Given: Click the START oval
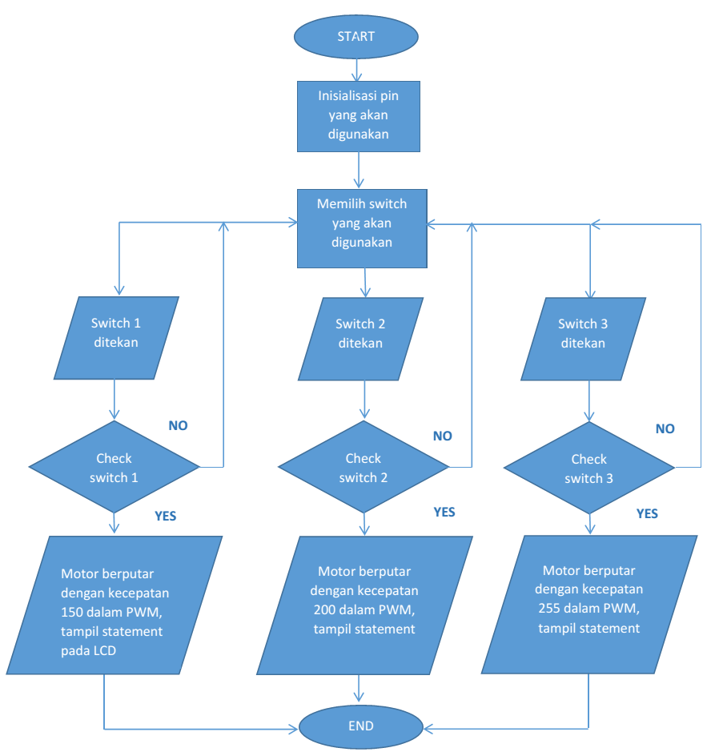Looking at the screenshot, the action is click(x=355, y=37).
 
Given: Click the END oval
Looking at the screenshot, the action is click(x=360, y=726).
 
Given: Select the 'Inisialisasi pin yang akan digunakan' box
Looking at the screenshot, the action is click(x=358, y=116).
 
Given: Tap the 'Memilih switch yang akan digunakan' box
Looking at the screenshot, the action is click(x=362, y=228).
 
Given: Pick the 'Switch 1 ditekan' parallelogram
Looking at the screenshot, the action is click(x=116, y=337).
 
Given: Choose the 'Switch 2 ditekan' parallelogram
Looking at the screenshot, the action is click(x=360, y=339).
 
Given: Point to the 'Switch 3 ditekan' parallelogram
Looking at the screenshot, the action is click(x=583, y=339).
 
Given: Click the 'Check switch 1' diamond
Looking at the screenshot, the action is click(x=114, y=467).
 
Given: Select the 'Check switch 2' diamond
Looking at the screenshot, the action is click(x=364, y=467).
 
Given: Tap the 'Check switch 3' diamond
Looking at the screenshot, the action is click(x=589, y=468).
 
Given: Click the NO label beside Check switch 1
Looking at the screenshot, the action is click(x=178, y=426).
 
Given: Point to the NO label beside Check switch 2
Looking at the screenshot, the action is click(x=443, y=436).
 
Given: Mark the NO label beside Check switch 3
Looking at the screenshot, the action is click(x=665, y=428).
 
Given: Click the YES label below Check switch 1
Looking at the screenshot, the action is click(x=166, y=516).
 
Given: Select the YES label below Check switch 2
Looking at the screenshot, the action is click(x=444, y=512).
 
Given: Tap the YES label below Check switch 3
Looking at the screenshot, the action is click(x=647, y=513).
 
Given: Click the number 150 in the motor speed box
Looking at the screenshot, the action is click(x=72, y=613).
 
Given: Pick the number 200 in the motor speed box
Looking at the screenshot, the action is click(x=324, y=610).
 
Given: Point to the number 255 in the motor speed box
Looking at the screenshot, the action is click(x=549, y=609).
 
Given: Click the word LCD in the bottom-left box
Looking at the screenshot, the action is click(x=105, y=651).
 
